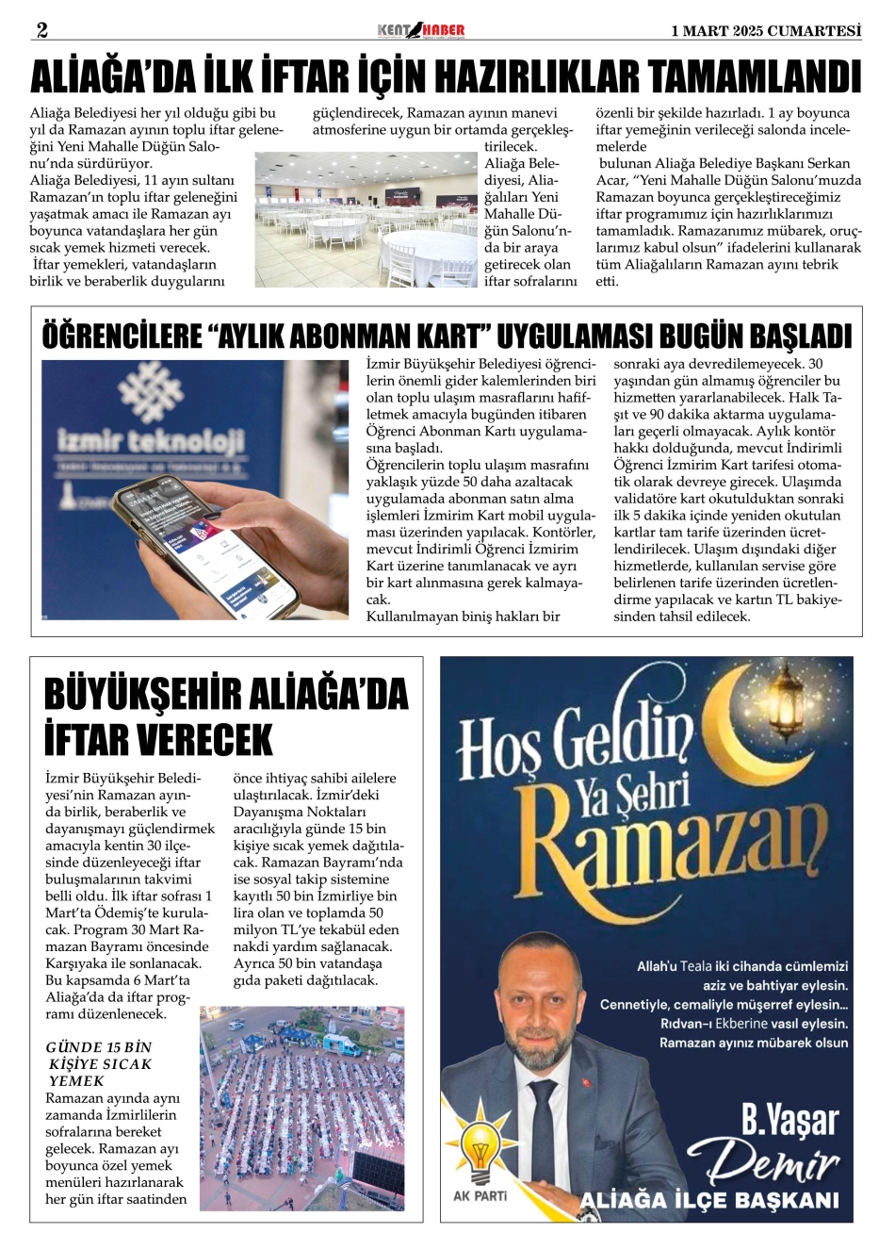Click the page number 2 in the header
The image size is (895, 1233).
[x=41, y=30]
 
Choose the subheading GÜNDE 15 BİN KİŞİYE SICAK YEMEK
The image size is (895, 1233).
[x=98, y=1063]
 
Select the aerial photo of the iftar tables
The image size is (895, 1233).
[x=301, y=1109]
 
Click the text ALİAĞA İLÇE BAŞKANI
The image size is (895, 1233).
[x=708, y=1201]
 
